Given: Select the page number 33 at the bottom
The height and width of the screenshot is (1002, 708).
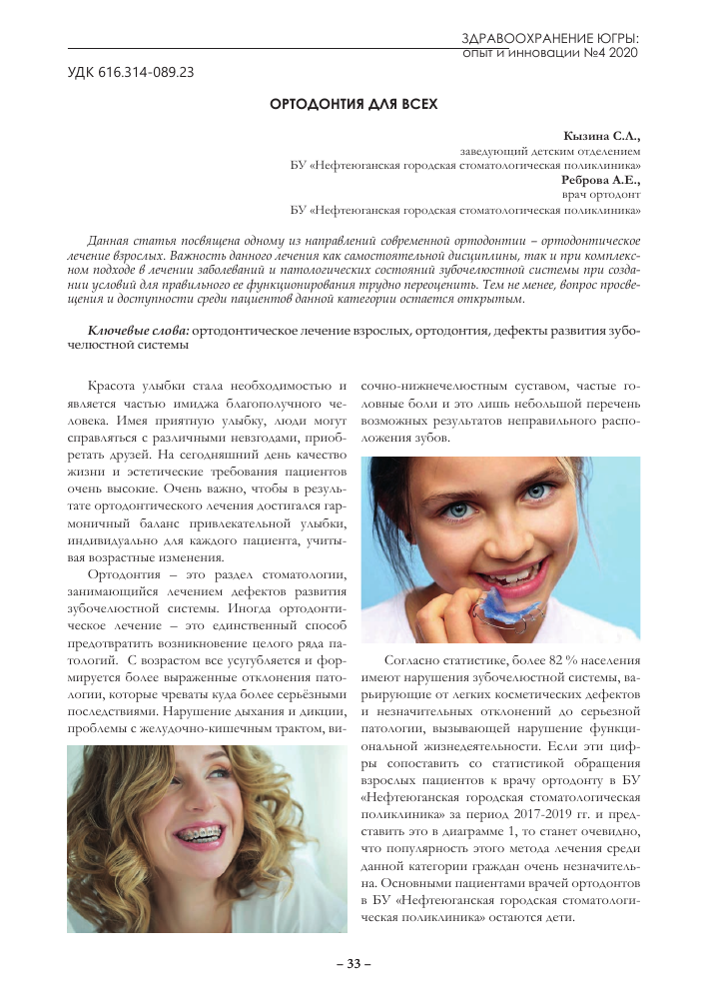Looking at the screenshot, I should click(354, 963).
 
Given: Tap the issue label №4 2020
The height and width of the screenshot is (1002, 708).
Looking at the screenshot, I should click(603, 52).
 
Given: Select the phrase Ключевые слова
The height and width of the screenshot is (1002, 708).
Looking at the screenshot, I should click(139, 330).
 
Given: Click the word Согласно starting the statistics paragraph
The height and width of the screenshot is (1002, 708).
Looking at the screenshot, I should click(411, 660).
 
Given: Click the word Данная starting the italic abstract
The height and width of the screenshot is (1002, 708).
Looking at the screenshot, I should click(111, 243).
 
